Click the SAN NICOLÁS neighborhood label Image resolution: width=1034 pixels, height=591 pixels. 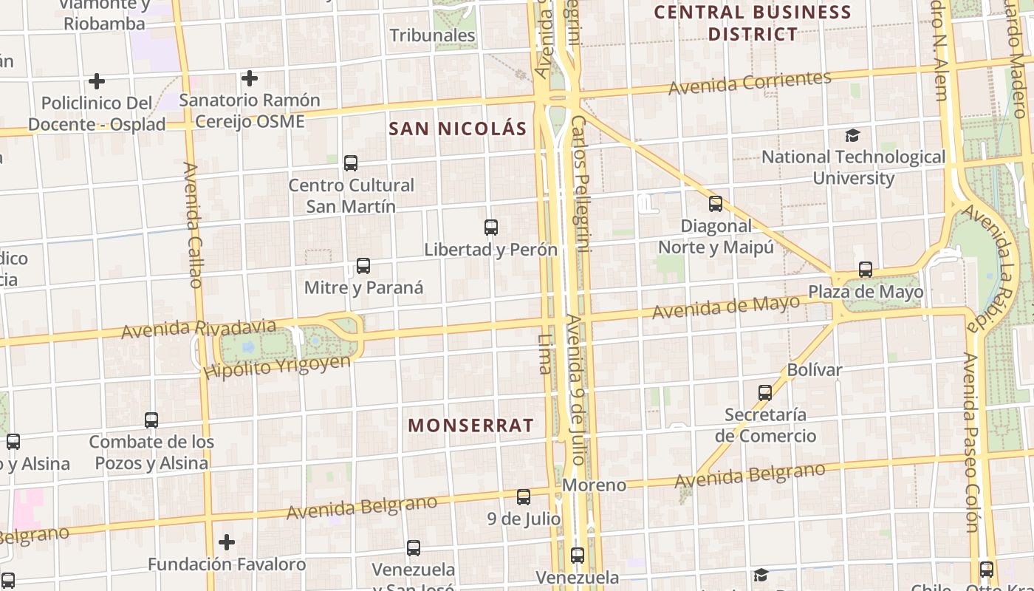tap(458, 129)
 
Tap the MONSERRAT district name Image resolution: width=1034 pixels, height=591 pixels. tap(470, 426)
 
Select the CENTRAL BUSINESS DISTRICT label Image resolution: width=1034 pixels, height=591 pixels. tap(753, 23)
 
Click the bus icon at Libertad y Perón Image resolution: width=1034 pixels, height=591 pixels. tap(491, 228)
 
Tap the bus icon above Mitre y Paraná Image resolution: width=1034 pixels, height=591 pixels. tap(363, 266)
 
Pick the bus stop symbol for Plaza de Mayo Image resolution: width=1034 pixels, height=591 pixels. tap(866, 270)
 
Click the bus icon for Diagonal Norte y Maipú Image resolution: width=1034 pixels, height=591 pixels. tap(716, 204)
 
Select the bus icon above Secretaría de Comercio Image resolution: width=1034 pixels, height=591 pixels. tap(765, 393)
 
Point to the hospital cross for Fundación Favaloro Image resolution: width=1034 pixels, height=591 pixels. tap(227, 543)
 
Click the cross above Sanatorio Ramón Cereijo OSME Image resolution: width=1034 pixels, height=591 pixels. tap(250, 78)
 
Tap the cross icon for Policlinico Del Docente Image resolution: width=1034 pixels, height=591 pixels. tap(97, 81)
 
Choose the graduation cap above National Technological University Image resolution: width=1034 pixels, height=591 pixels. tap(853, 135)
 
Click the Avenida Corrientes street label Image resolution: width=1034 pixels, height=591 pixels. tap(750, 82)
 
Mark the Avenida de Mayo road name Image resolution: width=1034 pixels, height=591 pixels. tap(725, 307)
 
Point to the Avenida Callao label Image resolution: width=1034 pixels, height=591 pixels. tap(194, 225)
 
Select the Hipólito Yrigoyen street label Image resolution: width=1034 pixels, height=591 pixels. tap(277, 366)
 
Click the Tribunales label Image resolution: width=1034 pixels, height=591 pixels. tap(432, 35)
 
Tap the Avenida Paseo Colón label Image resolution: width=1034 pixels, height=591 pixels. tap(970, 442)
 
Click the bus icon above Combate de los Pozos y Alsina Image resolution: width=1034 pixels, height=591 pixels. tap(151, 420)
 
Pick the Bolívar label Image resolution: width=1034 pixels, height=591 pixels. tap(815, 369)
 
